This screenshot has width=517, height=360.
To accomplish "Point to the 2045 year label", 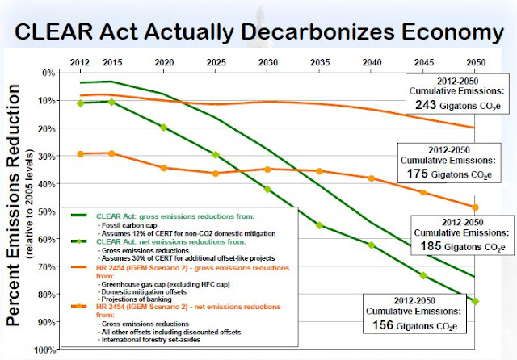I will (423, 63).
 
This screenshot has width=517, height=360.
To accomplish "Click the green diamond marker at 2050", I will (475, 301).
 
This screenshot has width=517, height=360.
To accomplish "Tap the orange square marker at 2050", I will (475, 207).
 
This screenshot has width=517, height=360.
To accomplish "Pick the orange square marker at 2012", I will (81, 153).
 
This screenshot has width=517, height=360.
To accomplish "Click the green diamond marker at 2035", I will (319, 225).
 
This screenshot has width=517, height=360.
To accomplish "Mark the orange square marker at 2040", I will (372, 178).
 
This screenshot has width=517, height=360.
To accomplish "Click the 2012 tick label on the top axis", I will (81, 63).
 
